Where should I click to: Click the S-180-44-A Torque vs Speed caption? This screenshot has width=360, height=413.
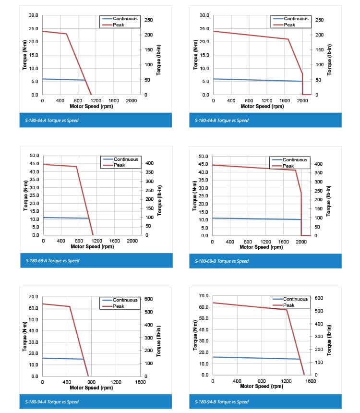[x=52, y=120]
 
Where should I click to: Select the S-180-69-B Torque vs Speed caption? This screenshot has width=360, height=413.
[x=222, y=261]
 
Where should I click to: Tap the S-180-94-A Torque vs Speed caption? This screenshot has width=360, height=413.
[x=52, y=401]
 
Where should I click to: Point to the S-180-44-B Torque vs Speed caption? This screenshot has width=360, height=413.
[x=222, y=120]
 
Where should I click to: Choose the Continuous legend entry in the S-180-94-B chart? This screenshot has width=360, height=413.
[x=295, y=299]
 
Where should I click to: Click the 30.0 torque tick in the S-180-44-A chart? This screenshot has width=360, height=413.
[x=33, y=15]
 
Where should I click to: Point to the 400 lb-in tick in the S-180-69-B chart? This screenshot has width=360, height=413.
[x=318, y=164]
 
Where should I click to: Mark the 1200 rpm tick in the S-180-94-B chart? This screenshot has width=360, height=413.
[x=286, y=381]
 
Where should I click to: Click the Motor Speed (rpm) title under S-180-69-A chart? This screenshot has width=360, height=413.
[x=92, y=246]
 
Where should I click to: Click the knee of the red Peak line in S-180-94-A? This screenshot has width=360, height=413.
[x=70, y=306]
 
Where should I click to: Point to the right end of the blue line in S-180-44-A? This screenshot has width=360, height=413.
[x=84, y=80]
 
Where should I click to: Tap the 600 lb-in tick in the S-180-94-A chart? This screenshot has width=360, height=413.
[x=148, y=299]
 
